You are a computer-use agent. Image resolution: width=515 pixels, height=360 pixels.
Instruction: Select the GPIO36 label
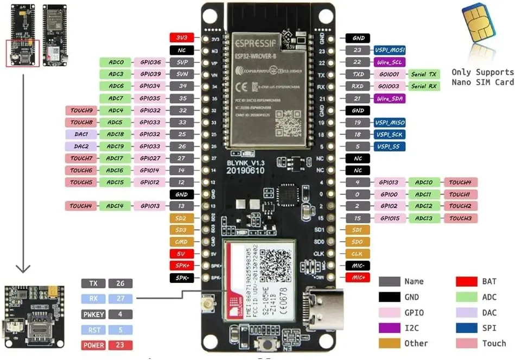pos(149,62)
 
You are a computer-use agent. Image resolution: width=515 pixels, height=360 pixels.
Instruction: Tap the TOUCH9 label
pos(81,110)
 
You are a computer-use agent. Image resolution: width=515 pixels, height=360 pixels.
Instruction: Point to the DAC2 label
pos(81,146)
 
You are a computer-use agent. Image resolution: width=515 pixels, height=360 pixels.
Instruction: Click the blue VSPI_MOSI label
pos(389,50)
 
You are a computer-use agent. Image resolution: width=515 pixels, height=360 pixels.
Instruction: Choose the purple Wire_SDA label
pos(389,98)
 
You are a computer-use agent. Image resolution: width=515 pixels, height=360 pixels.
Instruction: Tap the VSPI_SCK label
pos(389,134)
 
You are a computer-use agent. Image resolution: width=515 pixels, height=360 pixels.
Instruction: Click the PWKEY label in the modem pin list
pos(93,314)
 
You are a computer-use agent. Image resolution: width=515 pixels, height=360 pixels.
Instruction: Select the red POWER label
pos(93,345)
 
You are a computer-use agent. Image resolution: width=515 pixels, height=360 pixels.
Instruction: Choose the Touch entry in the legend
pos(494,343)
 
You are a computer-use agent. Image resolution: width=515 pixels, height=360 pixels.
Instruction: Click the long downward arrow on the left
pos(22,174)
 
